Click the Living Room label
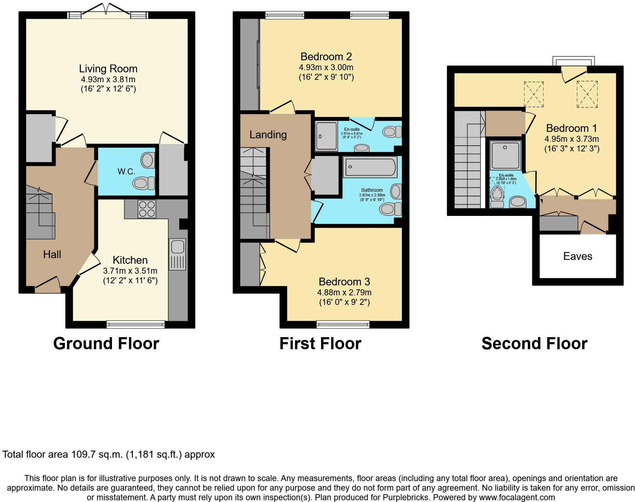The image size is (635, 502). [108, 69]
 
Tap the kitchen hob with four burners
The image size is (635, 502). [147, 209]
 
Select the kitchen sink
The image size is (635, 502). [177, 254]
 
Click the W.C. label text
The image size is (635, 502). [126, 172]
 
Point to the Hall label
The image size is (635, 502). [52, 254]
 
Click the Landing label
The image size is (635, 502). [268, 135]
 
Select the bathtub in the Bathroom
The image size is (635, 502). [370, 167]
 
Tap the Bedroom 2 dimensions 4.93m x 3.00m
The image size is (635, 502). [326, 67]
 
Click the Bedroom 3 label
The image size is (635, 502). [344, 282]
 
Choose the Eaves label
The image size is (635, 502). [578, 256]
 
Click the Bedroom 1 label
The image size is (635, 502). [572, 128]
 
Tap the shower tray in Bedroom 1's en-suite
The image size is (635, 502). [505, 155]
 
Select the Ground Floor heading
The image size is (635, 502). [106, 344]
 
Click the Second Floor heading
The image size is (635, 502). [534, 344]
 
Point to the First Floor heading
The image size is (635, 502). [320, 344]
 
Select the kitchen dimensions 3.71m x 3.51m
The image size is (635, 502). [130, 271]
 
